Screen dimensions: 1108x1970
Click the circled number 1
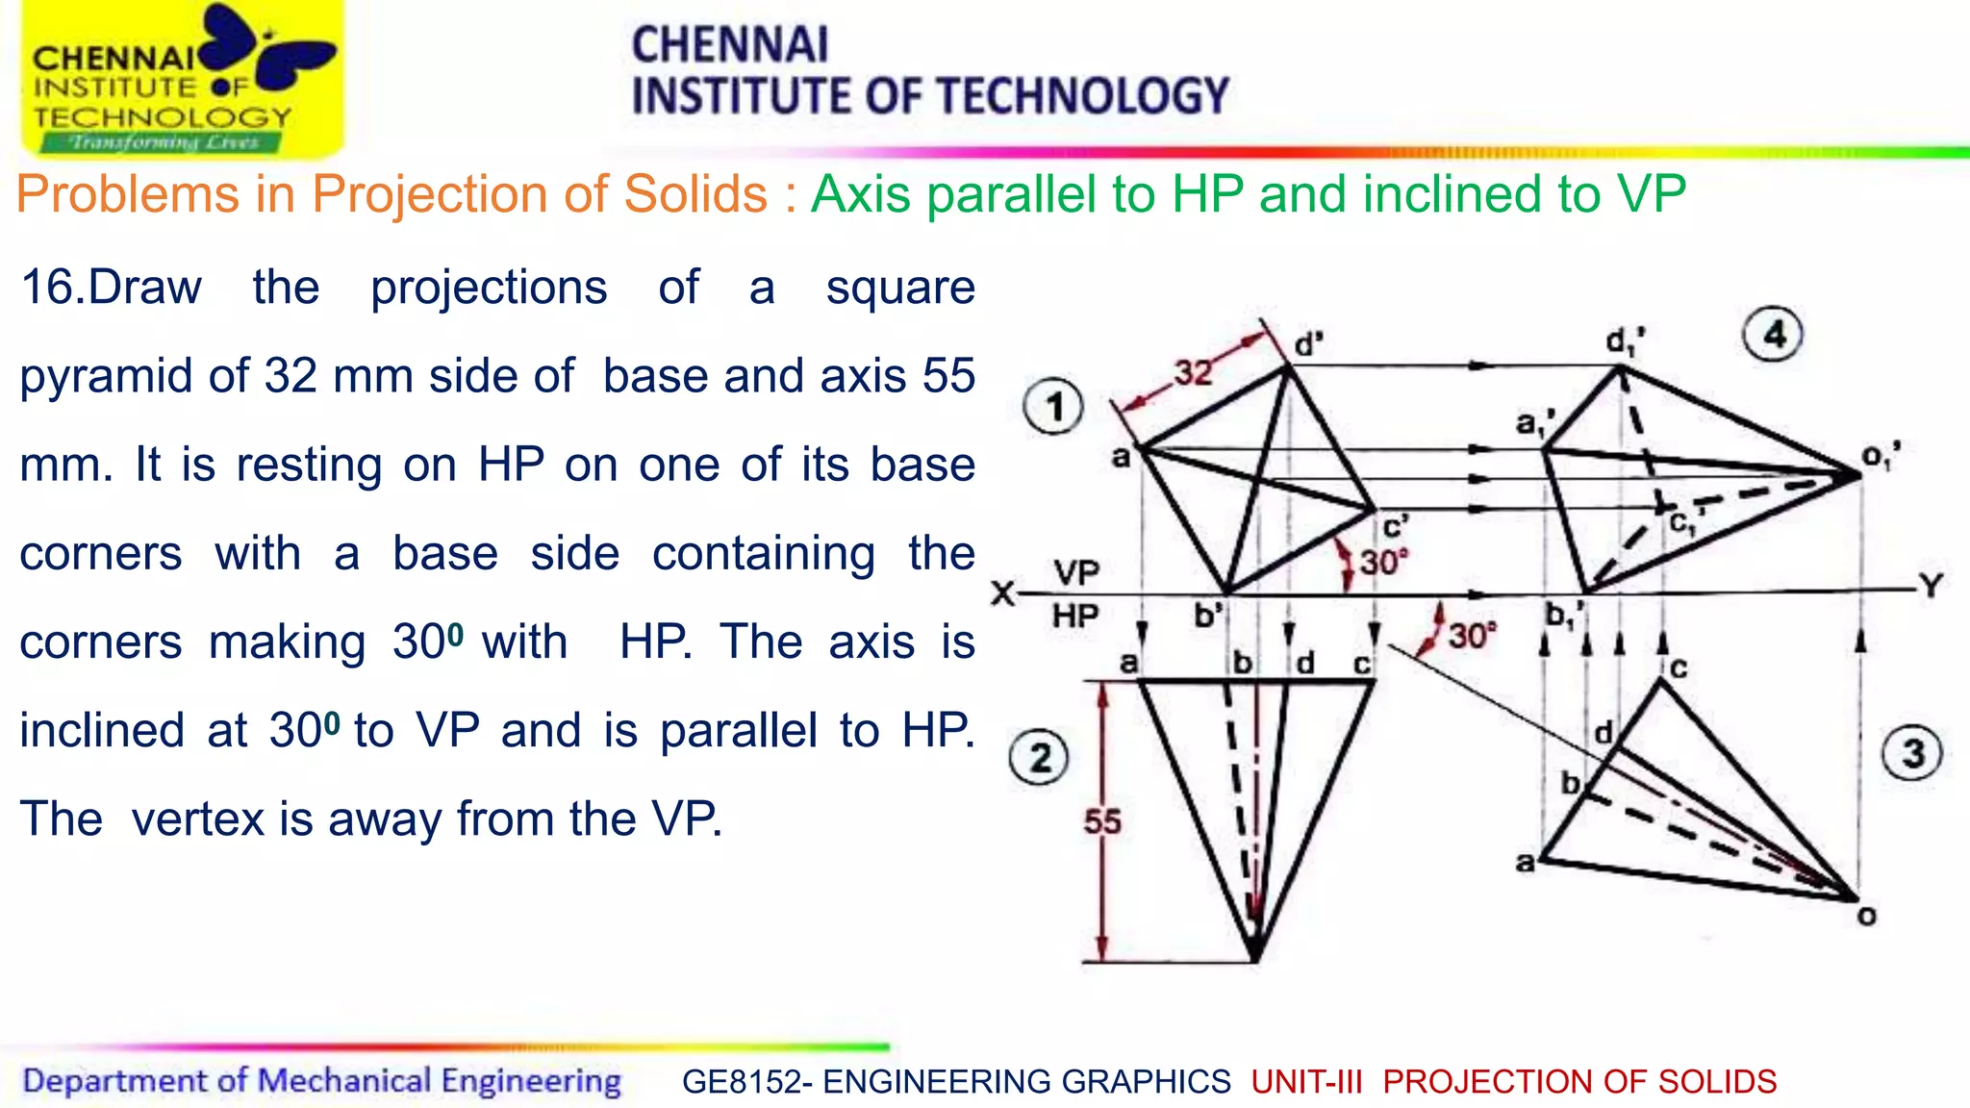click(x=1054, y=407)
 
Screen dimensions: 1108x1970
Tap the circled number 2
click(x=1039, y=758)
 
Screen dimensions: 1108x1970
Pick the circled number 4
click(x=1773, y=335)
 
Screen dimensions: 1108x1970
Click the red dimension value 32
click(x=1193, y=371)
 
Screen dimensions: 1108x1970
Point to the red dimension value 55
click(x=1102, y=822)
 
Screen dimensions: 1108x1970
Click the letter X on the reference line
click(x=1002, y=593)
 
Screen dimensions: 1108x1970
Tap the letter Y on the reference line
click(x=1931, y=586)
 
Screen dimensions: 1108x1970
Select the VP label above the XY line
click(x=1076, y=573)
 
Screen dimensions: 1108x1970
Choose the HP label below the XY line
click(x=1075, y=616)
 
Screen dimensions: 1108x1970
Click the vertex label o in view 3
click(x=1867, y=917)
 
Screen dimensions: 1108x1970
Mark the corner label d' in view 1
click(x=1309, y=344)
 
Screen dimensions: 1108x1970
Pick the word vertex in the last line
click(x=197, y=819)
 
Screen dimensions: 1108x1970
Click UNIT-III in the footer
click(x=1306, y=1082)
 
